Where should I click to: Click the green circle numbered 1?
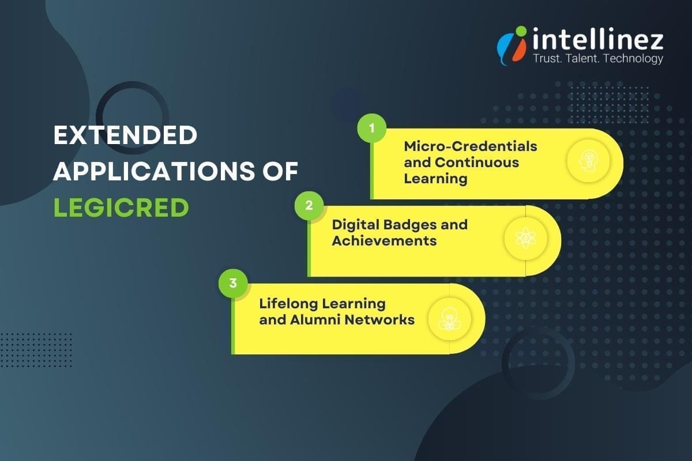point(371,129)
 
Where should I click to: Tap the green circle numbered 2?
point(309,206)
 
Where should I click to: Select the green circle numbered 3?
point(233,283)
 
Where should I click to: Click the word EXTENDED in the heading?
point(125,136)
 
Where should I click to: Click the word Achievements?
point(384,240)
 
